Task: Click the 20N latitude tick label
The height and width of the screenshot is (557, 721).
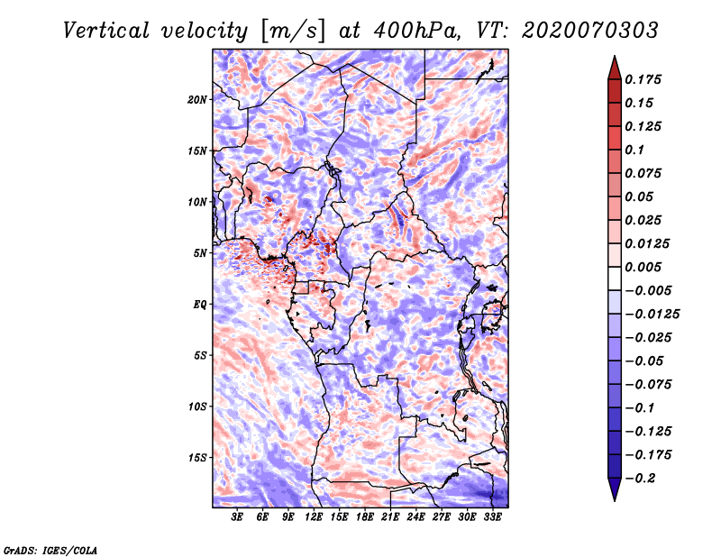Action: [197, 99]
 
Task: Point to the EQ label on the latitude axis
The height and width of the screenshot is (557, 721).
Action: [200, 305]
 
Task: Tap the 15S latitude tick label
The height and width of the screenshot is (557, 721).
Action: [197, 458]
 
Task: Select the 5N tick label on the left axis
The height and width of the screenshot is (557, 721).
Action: [200, 253]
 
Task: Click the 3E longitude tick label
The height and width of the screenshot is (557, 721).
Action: [238, 518]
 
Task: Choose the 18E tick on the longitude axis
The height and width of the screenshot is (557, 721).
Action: [365, 518]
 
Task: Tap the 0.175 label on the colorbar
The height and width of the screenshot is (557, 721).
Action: [645, 79]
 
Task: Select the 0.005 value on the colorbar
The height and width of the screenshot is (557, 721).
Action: [645, 267]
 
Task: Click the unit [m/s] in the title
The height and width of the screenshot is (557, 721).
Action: [290, 32]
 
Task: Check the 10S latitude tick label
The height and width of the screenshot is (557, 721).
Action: [197, 406]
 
